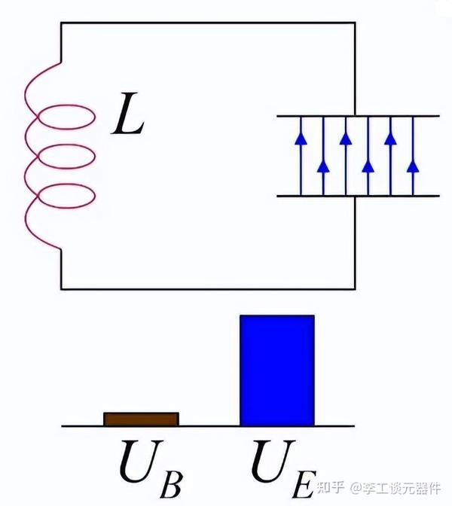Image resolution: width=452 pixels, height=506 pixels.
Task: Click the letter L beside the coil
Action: [x=128, y=114]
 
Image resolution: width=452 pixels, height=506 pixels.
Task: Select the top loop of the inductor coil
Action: [x=66, y=105]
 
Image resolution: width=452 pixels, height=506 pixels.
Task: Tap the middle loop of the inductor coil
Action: [x=66, y=145]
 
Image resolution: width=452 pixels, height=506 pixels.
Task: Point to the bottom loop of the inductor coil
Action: [x=66, y=184]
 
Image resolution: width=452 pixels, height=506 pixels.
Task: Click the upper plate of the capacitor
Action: [x=358, y=115]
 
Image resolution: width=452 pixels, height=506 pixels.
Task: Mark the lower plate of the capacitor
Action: [x=358, y=196]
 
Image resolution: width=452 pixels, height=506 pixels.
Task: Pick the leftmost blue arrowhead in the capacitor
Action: [x=301, y=139]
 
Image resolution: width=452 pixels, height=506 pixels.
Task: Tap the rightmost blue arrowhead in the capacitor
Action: [x=413, y=167]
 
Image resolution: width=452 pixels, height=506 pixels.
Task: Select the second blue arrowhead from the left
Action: [x=323, y=167]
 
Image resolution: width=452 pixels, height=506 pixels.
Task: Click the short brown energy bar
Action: [x=141, y=419]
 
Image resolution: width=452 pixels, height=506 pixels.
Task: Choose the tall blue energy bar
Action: [x=277, y=370]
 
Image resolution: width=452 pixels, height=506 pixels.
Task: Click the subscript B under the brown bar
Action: [x=172, y=484]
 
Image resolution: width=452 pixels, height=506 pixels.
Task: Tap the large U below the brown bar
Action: [x=140, y=461]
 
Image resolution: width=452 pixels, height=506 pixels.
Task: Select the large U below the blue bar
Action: [x=273, y=461]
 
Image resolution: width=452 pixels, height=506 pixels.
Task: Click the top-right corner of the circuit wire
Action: [x=355, y=23]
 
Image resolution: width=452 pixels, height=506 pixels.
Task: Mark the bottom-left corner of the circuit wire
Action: [x=61, y=289]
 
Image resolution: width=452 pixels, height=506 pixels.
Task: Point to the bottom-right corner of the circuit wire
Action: [x=355, y=289]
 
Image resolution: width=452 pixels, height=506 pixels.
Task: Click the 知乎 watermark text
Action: [x=330, y=488]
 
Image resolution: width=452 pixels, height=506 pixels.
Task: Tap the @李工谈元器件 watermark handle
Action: [x=395, y=488]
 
